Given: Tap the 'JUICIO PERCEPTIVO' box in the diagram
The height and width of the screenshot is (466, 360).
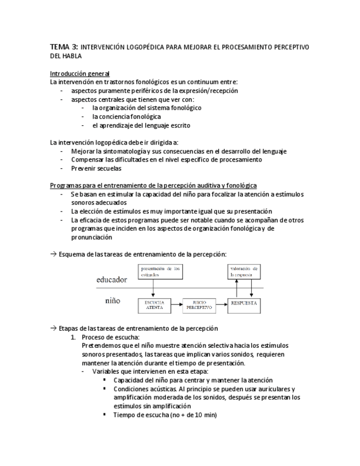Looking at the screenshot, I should [x=198, y=305].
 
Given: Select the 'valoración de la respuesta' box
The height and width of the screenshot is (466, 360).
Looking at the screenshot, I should [x=244, y=271].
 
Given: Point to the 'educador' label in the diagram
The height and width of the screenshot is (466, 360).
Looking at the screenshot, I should [x=112, y=279].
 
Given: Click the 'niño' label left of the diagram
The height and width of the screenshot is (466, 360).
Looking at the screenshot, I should [x=113, y=302].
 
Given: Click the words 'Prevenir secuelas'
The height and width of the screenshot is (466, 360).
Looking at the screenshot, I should [x=96, y=168].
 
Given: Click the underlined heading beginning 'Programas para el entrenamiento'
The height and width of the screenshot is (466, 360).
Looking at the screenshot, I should [x=153, y=186].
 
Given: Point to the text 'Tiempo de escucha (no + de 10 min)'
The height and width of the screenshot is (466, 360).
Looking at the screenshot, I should [x=165, y=415].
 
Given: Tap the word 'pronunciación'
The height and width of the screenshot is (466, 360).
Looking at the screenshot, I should [x=91, y=237].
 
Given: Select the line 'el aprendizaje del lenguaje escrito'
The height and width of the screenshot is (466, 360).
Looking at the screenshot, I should [x=141, y=125].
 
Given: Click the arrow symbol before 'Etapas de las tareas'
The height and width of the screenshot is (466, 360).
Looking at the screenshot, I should [x=53, y=328].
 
